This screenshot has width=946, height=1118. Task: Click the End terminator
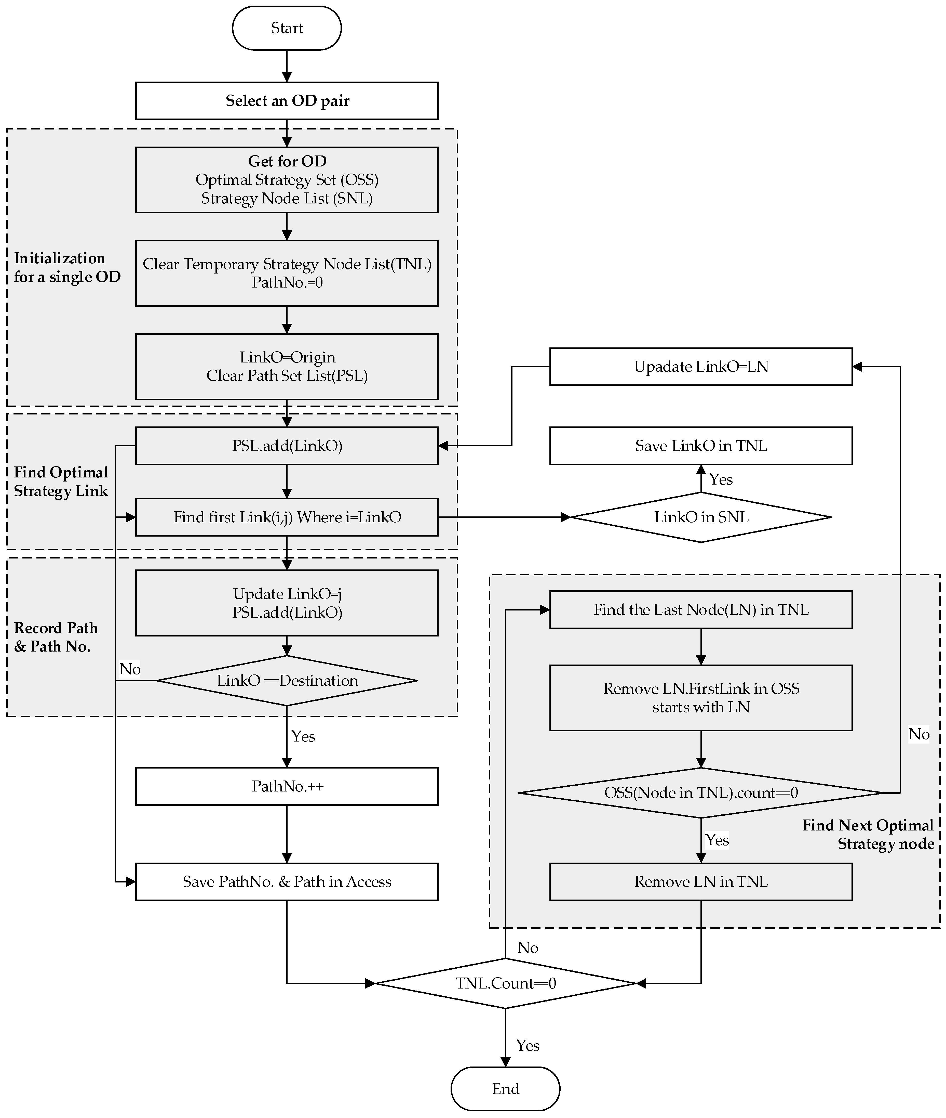tap(505, 1088)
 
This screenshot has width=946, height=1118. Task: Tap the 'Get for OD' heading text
tap(287, 161)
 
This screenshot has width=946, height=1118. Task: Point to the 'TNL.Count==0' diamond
tap(505, 983)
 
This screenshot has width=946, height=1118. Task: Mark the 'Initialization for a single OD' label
tap(67, 267)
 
